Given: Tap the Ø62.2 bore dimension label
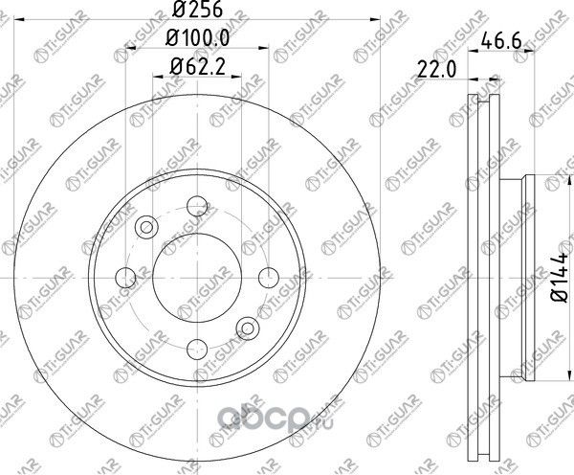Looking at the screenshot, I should point(196,68).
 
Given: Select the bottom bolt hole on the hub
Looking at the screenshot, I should point(197,350).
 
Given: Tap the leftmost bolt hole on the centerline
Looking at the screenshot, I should point(125,278).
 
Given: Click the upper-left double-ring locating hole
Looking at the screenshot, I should point(146,227).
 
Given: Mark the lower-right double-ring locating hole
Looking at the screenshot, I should point(248,328).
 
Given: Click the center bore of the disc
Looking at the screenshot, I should point(197,278).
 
